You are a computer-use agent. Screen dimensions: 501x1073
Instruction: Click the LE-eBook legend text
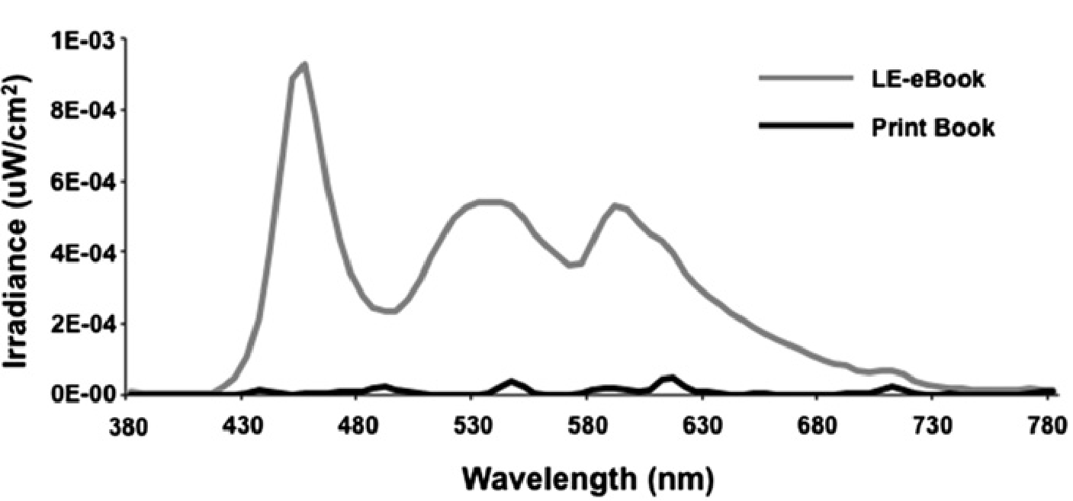(928, 80)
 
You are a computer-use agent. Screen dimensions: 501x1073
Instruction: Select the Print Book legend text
(933, 127)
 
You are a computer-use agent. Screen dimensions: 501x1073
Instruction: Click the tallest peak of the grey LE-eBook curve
(304, 66)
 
